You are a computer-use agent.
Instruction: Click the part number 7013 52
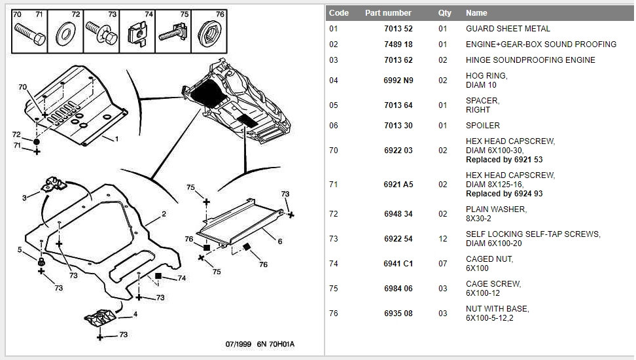coord(398,29)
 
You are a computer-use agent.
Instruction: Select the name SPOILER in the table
coord(482,126)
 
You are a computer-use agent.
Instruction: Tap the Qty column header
coord(444,13)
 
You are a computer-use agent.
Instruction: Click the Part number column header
coord(388,13)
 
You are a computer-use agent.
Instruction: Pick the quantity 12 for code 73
coord(442,239)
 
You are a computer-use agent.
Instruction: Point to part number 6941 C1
coord(398,264)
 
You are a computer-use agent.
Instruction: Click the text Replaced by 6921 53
coord(504,160)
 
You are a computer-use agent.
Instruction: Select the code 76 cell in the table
coord(334,314)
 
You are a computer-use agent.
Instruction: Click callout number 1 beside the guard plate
coord(116,139)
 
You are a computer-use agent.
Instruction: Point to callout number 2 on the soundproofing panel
coord(164,214)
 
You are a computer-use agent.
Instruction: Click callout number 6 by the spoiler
coord(279,242)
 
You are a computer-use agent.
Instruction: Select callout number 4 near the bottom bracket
coord(135,314)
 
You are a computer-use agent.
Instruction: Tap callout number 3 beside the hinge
coord(24,197)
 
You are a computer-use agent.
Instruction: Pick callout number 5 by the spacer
coord(20,249)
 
